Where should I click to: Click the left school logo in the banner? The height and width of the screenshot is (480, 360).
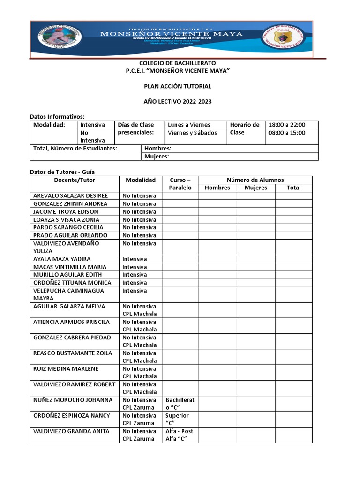click(x=60, y=38)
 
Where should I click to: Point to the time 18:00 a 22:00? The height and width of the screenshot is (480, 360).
click(x=286, y=125)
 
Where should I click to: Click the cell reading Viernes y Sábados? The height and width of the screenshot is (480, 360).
click(x=193, y=133)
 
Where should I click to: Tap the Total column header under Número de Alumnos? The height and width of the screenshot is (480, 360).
click(x=293, y=187)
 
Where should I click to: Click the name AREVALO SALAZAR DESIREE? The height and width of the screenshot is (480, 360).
click(x=71, y=195)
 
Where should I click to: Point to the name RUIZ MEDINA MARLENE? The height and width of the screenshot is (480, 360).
click(x=66, y=368)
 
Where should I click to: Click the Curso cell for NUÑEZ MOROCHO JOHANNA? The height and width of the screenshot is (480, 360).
click(x=180, y=404)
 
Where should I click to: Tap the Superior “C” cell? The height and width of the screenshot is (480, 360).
click(x=180, y=420)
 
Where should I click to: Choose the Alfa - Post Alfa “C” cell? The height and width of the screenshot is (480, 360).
click(x=180, y=435)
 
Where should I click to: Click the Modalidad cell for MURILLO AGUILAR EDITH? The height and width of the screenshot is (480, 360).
click(x=135, y=275)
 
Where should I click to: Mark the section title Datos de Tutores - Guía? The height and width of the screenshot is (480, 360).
click(x=62, y=172)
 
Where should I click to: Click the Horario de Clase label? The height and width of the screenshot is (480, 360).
click(x=245, y=128)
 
